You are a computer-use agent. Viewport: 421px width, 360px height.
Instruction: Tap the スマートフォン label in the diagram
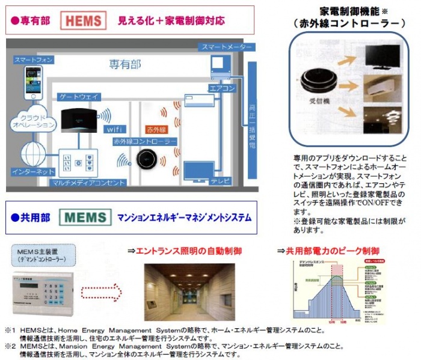click(34, 60)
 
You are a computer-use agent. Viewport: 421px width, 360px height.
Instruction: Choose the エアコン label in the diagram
click(218, 88)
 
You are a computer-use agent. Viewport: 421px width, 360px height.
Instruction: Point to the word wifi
click(114, 129)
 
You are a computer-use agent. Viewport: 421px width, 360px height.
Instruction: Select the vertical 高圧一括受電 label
click(252, 126)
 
